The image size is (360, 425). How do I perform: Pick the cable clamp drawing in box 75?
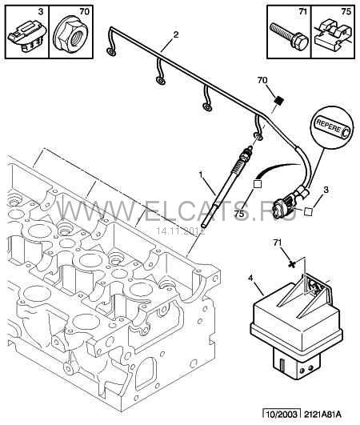click(x=333, y=35)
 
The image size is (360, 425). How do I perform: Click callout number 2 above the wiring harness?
click(x=176, y=34)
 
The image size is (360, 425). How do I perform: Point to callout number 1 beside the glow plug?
click(x=201, y=175)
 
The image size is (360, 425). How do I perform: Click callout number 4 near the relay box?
click(x=250, y=278)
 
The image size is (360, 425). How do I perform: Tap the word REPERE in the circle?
click(x=328, y=126)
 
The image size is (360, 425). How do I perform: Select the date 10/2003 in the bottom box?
click(x=282, y=415)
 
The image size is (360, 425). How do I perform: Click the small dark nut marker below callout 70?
click(x=279, y=101)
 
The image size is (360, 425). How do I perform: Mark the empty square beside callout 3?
click(x=308, y=211)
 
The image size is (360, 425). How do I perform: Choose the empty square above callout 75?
click(x=257, y=184)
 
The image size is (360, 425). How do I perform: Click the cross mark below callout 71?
click(x=291, y=263)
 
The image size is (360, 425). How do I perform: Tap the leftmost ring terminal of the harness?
click(x=110, y=51)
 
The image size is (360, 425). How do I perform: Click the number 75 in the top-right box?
click(x=346, y=12)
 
